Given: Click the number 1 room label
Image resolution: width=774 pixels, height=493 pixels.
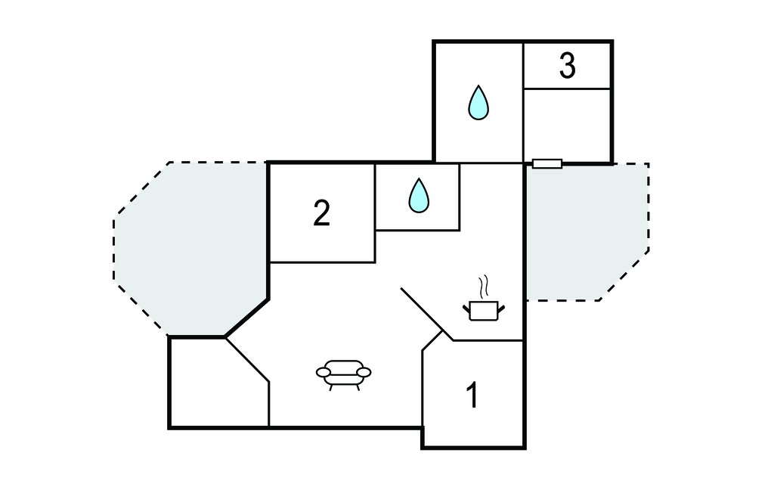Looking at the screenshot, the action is pyautogui.click(x=473, y=395).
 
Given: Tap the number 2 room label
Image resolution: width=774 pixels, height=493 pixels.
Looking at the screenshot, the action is pyautogui.click(x=322, y=213).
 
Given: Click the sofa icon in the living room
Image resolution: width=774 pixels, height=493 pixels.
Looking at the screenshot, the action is pyautogui.click(x=344, y=375).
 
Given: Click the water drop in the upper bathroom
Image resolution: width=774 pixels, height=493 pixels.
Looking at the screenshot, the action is pyautogui.click(x=478, y=103).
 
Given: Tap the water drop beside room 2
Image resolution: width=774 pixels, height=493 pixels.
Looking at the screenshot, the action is pyautogui.click(x=419, y=196).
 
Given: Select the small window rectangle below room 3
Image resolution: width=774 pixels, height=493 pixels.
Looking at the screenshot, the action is pyautogui.click(x=547, y=163).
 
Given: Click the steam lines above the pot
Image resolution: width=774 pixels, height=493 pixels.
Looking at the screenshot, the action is pyautogui.click(x=483, y=287).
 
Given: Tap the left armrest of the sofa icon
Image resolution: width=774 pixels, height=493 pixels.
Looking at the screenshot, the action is pyautogui.click(x=324, y=372).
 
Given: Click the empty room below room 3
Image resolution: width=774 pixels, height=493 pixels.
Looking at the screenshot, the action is pyautogui.click(x=567, y=125).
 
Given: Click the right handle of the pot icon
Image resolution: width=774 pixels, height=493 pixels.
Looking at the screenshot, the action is pyautogui.click(x=501, y=309).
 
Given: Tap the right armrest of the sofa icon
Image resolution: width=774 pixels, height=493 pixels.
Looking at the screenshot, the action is pyautogui.click(x=364, y=372).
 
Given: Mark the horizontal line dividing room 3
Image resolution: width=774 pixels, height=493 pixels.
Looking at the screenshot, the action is pyautogui.click(x=567, y=89).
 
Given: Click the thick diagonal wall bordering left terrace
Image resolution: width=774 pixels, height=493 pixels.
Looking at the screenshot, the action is pyautogui.click(x=246, y=318).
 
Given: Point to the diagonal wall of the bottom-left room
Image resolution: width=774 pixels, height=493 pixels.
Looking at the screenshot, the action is pyautogui.click(x=247, y=359).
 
